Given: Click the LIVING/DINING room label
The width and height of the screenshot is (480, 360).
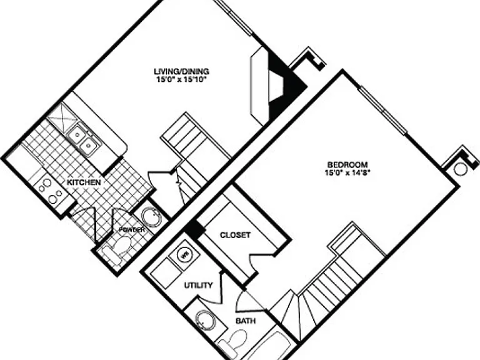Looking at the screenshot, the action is [181, 71].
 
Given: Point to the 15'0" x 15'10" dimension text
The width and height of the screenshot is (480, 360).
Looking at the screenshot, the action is [182, 80].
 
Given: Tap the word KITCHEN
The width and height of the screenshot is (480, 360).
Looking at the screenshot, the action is [84, 182].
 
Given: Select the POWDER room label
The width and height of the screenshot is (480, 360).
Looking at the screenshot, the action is [132, 229].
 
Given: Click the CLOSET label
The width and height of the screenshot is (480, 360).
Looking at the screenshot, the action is [235, 235].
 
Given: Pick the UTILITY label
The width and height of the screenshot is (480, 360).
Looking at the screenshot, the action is [198, 285].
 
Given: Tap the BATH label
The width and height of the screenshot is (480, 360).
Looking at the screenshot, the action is [246, 321].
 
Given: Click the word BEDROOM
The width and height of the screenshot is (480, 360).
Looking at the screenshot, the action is [347, 164].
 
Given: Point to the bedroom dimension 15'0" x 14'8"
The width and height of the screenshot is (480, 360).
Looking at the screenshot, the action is [347, 173].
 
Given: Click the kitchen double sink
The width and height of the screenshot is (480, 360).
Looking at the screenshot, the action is [83, 139].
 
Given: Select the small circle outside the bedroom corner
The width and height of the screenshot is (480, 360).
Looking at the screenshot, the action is [460, 169].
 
